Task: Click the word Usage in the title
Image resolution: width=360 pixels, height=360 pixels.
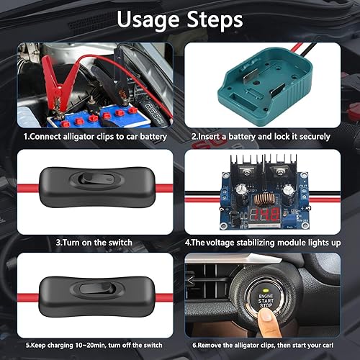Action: (148, 20)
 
